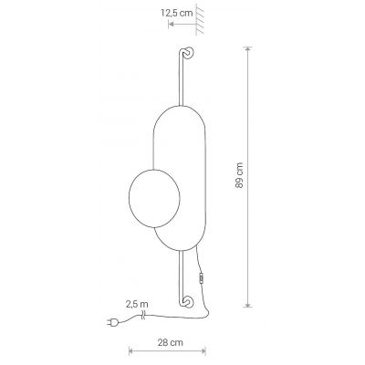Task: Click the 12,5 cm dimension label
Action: click(x=177, y=13)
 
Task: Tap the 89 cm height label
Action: click(x=239, y=175)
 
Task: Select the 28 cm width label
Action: click(x=171, y=342)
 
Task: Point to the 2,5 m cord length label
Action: click(x=137, y=304)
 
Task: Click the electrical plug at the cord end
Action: click(x=112, y=322)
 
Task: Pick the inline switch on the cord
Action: click(x=201, y=278)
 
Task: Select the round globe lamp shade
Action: click(x=154, y=198)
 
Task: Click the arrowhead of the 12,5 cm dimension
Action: click(x=171, y=24)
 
